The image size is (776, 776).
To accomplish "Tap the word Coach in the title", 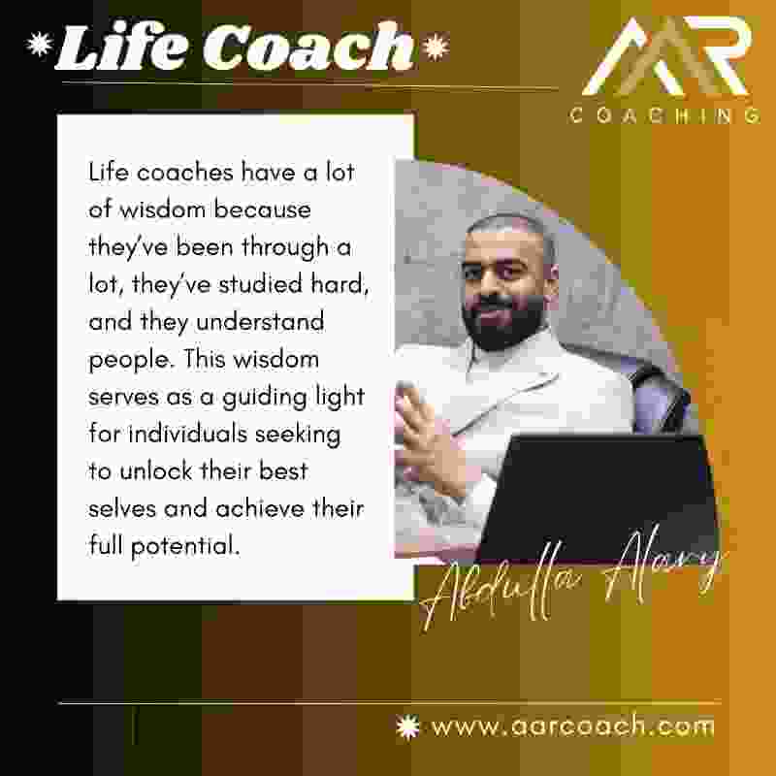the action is (x=307, y=47).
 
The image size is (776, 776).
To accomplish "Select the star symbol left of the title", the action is (x=40, y=44).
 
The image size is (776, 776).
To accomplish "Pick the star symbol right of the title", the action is (x=436, y=47).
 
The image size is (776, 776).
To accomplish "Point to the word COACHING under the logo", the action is (x=665, y=115).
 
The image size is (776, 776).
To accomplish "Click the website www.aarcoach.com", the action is (x=572, y=727).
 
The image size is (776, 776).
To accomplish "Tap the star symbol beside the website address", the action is (x=407, y=727).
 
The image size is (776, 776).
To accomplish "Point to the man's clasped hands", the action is (x=426, y=436).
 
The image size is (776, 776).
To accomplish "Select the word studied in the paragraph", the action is (x=260, y=284).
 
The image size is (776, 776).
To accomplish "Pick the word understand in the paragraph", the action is (x=260, y=322).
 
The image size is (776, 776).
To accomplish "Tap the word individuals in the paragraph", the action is (x=188, y=434).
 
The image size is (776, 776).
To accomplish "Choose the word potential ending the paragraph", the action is (x=185, y=546).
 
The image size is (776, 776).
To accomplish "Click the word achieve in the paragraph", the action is (x=260, y=508).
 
